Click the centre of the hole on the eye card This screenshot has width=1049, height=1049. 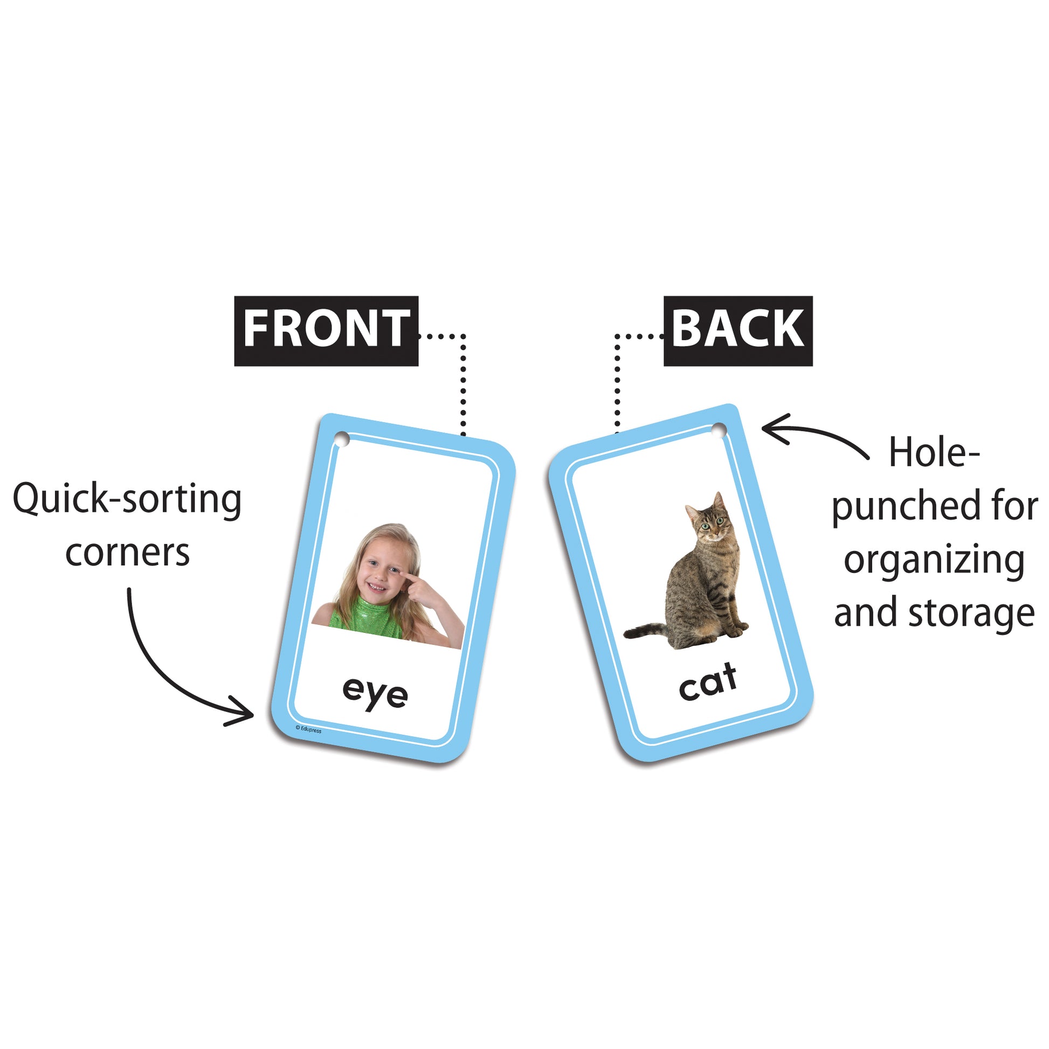pos(342,439)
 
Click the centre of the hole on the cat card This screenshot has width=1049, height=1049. pos(719,430)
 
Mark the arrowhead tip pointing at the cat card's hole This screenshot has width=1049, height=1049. pos(762,429)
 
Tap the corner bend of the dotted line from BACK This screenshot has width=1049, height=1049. pos(617,336)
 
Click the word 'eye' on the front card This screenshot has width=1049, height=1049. pos(375,693)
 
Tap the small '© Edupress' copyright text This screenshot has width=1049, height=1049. pos(308,729)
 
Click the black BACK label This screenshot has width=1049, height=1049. pos(738,330)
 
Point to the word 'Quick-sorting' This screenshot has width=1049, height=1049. pos(127,500)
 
